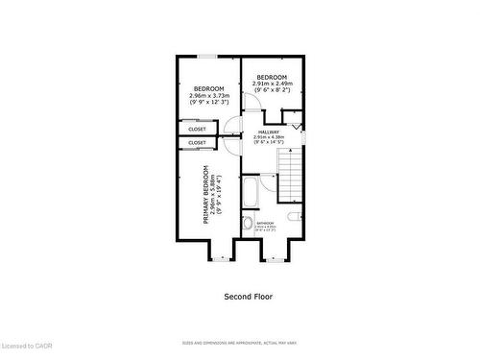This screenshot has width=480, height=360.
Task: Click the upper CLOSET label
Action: click(x=197, y=129)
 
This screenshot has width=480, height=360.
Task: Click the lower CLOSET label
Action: click(x=197, y=143)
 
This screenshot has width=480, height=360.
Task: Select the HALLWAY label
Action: click(x=268, y=132)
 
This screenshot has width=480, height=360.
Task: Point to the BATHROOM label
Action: click(x=265, y=223)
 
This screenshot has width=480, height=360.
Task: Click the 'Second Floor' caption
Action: click(x=249, y=297)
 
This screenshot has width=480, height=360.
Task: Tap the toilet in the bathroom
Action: click(x=247, y=225)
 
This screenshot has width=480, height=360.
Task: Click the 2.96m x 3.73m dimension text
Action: click(x=209, y=95)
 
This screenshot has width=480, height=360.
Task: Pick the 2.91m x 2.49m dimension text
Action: click(x=272, y=84)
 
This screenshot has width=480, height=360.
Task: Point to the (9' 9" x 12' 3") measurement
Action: click(x=209, y=102)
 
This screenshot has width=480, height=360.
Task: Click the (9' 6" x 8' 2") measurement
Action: click(x=272, y=90)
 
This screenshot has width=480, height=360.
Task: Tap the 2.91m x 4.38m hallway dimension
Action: click(x=268, y=137)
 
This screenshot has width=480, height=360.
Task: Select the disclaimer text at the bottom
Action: click(x=240, y=343)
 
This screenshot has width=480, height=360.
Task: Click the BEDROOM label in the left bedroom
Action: click(x=209, y=88)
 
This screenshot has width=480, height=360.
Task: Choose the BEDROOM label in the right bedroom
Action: click(x=272, y=77)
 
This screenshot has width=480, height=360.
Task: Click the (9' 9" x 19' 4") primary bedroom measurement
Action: click(x=219, y=194)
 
